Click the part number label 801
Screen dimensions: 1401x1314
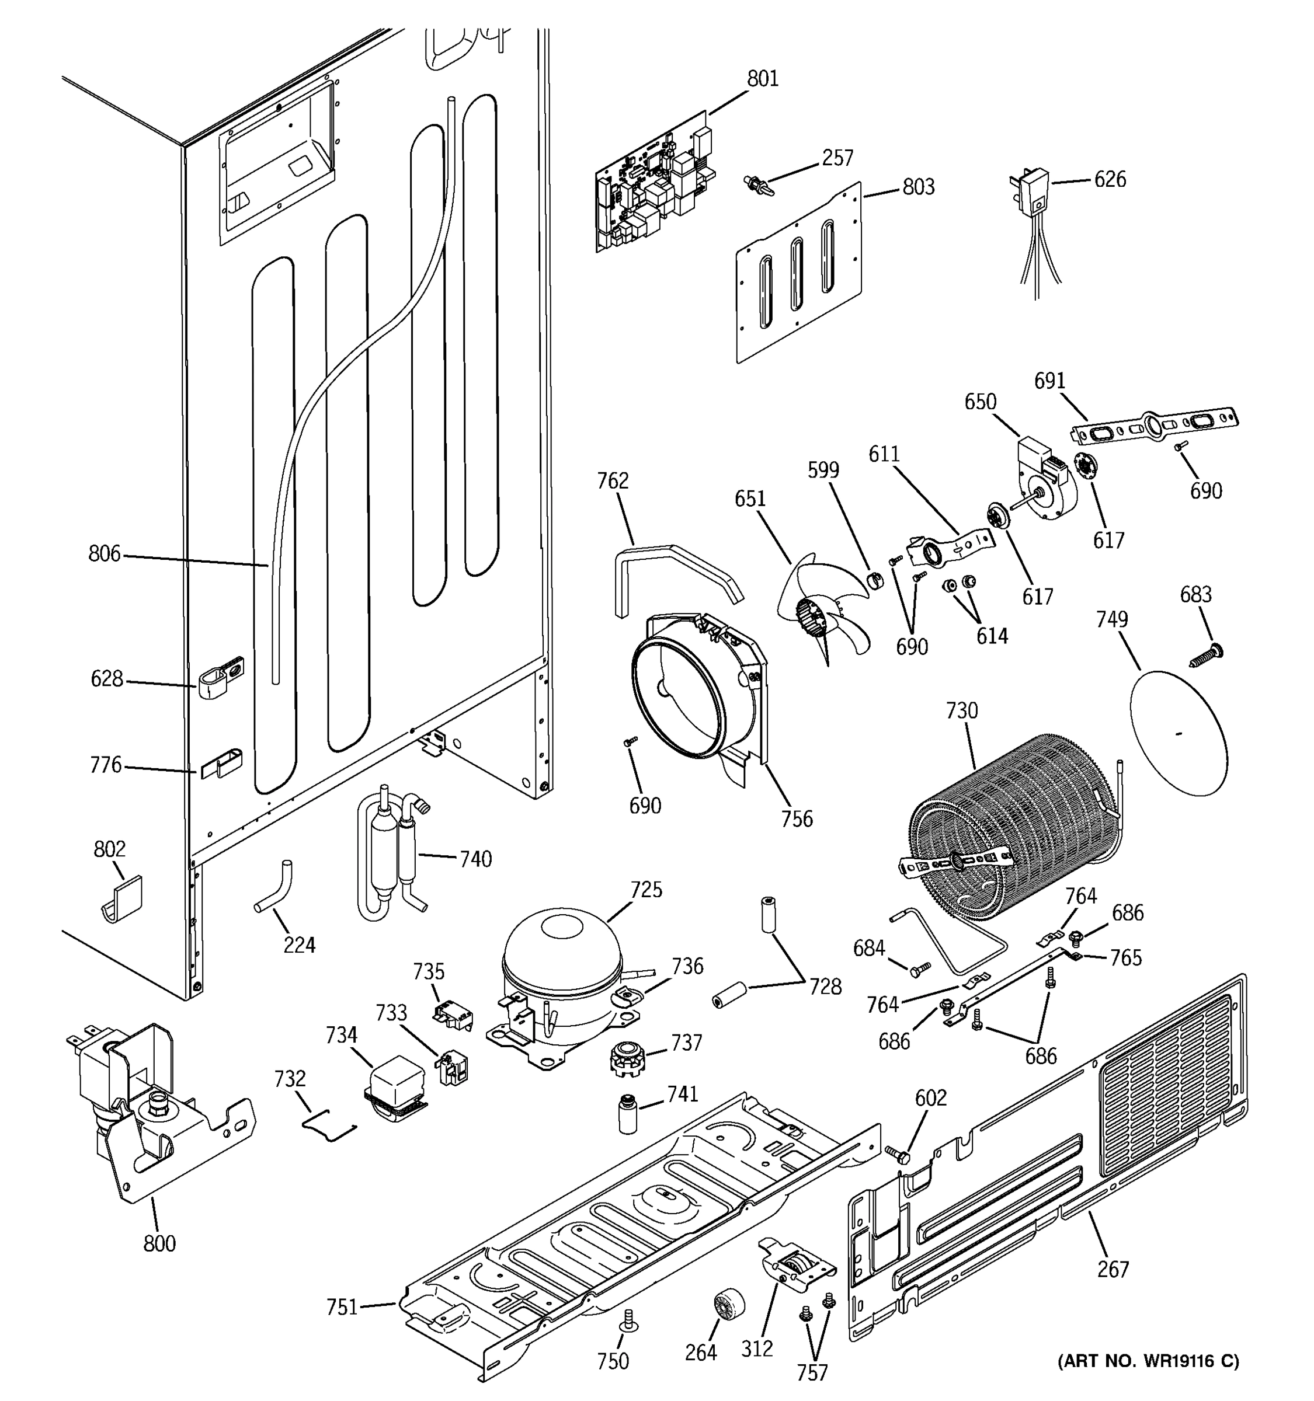[763, 78]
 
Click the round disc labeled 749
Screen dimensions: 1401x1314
[1178, 734]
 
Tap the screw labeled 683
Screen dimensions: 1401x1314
[1208, 656]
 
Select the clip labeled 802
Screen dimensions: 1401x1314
[121, 900]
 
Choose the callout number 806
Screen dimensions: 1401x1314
[105, 554]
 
